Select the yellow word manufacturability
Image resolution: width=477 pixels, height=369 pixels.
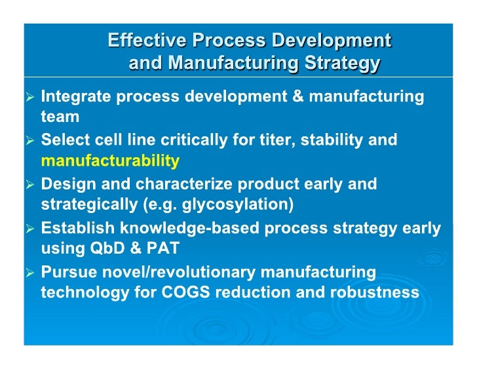[110, 161]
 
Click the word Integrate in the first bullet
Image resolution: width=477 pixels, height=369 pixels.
[75, 97]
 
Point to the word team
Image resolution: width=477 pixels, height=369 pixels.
[60, 117]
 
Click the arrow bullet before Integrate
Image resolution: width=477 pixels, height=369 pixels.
[30, 98]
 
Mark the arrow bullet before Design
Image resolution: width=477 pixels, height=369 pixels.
[30, 185]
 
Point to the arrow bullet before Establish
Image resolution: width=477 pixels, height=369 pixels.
[30, 229]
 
